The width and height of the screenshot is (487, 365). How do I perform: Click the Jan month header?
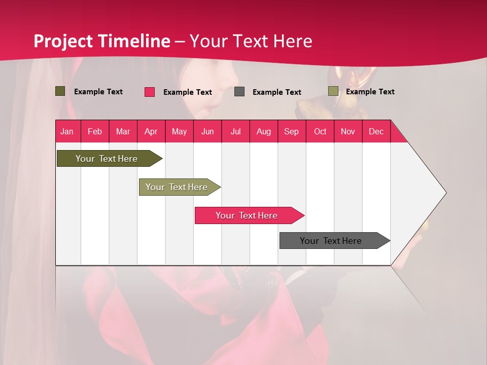click(x=67, y=131)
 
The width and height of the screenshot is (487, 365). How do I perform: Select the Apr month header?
click(x=151, y=131)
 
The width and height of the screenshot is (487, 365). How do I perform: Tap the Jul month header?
click(x=235, y=131)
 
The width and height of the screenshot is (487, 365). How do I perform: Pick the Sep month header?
click(x=291, y=131)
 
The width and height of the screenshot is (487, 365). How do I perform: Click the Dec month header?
click(x=376, y=131)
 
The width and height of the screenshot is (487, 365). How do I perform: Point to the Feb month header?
click(x=94, y=131)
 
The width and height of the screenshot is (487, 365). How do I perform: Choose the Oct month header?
click(x=320, y=131)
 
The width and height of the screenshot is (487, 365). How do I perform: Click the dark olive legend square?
click(x=60, y=91)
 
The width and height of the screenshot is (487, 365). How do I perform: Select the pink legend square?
click(x=150, y=92)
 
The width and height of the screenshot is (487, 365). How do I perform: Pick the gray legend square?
click(x=239, y=92)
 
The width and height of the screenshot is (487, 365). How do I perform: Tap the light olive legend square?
click(x=333, y=91)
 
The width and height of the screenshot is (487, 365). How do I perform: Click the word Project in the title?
click(x=63, y=41)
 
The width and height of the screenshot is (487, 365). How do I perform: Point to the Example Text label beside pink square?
click(x=188, y=92)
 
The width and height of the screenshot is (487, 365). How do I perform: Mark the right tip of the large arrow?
click(x=445, y=193)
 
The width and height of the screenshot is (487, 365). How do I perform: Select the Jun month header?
click(x=207, y=131)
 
